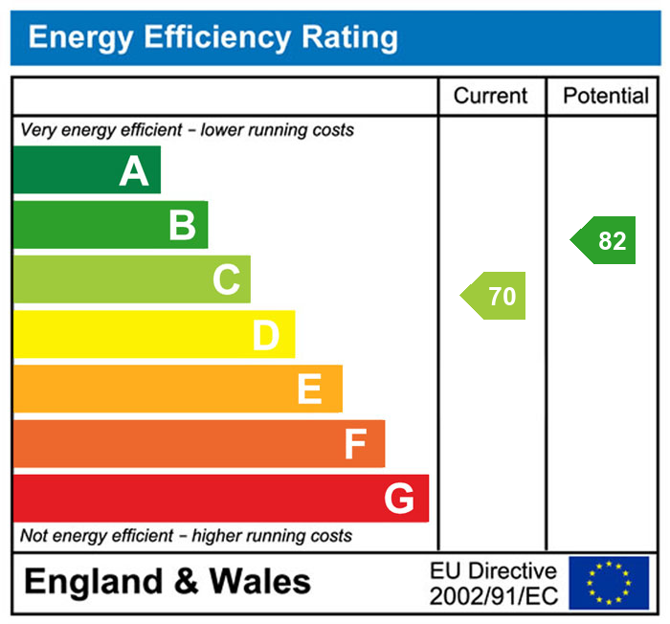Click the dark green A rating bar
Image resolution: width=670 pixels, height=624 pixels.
(86, 170)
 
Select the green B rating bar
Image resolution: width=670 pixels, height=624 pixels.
(110, 225)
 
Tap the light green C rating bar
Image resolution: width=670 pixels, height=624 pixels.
(131, 279)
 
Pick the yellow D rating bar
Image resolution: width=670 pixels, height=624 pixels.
(153, 334)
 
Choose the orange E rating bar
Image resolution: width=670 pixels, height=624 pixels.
(177, 389)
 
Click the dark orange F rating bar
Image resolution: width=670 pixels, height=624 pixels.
(198, 443)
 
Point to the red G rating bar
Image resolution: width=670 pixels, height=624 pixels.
(220, 498)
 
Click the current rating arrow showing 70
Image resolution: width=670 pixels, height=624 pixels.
(495, 297)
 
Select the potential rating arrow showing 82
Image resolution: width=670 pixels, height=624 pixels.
(605, 241)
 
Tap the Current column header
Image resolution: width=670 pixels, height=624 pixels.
(490, 96)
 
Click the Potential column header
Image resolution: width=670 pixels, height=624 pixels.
(605, 96)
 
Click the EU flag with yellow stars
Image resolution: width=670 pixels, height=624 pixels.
(609, 583)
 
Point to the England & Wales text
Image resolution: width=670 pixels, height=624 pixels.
(167, 582)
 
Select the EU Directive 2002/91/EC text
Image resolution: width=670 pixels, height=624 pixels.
(492, 583)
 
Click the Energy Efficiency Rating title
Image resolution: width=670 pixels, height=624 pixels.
(212, 37)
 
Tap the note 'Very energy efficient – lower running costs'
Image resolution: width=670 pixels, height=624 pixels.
(188, 129)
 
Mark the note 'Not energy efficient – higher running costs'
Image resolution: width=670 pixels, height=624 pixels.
(187, 536)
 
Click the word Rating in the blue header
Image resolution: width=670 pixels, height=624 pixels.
(349, 37)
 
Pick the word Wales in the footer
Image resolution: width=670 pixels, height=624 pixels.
(260, 582)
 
